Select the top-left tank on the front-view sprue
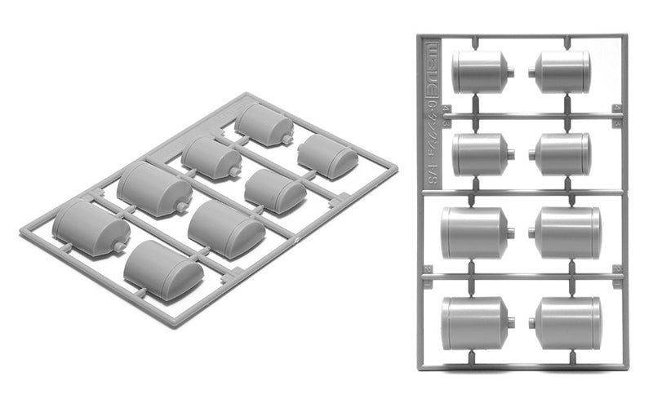[x=479, y=71]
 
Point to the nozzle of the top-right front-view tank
[x=531, y=71]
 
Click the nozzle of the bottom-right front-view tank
[x=531, y=323]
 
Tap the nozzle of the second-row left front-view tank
[x=510, y=154]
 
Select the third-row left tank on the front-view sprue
[x=473, y=233]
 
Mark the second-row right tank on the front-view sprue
[x=564, y=153]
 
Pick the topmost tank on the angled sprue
[x=263, y=125]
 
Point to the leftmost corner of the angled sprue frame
[x=22, y=232]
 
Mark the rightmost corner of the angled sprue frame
[x=397, y=168]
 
